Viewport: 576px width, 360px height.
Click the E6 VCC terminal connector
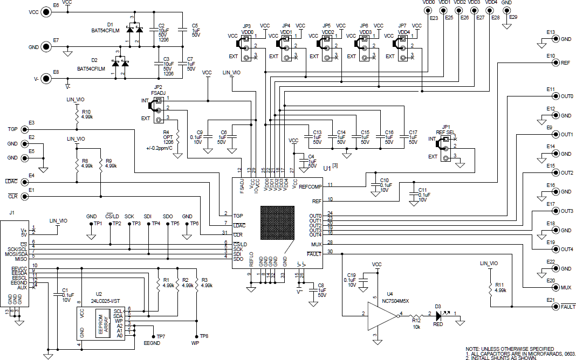[x=47, y=12]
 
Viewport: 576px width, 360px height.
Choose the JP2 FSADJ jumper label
[x=158, y=89]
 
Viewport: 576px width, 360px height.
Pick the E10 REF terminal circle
[x=555, y=63]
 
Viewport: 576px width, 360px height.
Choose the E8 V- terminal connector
[x=47, y=79]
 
